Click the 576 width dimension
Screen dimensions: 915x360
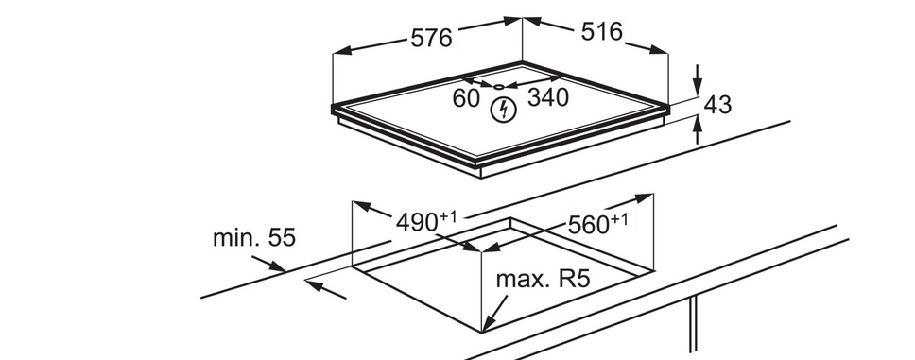[x=431, y=39]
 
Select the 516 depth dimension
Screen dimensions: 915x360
[x=601, y=31]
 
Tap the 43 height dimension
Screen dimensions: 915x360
[x=717, y=105]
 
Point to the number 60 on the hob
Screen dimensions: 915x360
[x=466, y=98]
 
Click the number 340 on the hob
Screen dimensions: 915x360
[x=548, y=98]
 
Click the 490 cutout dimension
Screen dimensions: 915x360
[x=417, y=222]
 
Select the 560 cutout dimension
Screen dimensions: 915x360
[x=588, y=225]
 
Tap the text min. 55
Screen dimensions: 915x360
[x=254, y=238]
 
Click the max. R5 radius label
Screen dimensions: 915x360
[x=544, y=279]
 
